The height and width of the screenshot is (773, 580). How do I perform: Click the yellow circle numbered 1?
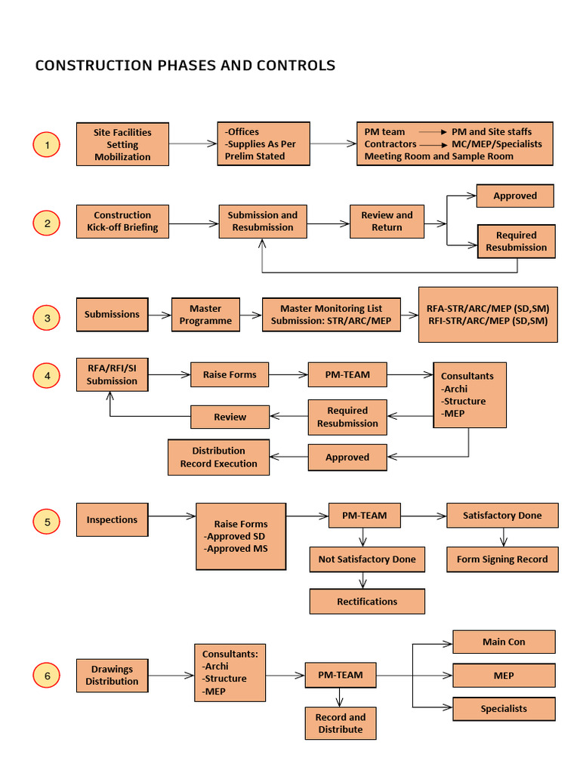point(47,144)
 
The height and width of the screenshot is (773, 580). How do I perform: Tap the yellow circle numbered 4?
point(47,375)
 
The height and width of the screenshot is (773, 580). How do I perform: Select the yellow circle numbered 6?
point(47,676)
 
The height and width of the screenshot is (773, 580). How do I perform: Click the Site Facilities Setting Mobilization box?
point(122,144)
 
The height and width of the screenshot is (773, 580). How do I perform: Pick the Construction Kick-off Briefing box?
point(122,221)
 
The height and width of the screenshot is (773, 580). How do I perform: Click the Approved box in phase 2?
point(515,196)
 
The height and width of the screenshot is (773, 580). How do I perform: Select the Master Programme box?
point(205,315)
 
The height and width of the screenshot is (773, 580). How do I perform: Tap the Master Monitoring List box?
point(331,315)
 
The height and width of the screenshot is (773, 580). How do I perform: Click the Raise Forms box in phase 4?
point(230,374)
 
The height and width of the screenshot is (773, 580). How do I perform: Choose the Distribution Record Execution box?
point(218,457)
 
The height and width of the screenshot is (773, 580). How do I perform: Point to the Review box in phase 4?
point(230,417)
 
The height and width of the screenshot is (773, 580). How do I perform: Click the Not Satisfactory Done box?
point(367,559)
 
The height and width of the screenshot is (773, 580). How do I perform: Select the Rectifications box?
point(367,602)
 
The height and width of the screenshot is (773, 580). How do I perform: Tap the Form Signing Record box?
point(502,559)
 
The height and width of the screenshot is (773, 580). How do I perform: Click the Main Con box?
point(504,642)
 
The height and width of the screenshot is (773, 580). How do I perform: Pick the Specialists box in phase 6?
point(504,709)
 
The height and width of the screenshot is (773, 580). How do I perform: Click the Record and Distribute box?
point(341,723)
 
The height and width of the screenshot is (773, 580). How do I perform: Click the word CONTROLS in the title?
point(297,66)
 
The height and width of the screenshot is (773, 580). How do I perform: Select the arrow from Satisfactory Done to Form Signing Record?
point(504,537)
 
